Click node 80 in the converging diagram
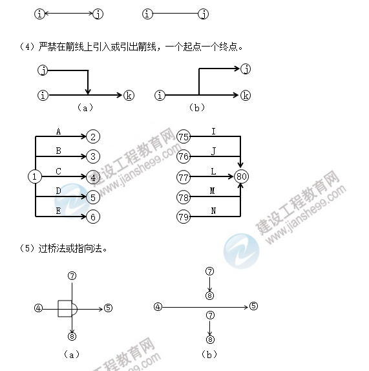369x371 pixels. [241, 176]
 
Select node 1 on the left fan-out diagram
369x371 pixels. [35, 176]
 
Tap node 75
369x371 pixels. [184, 136]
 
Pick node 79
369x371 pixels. [184, 217]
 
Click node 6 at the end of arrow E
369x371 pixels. [93, 217]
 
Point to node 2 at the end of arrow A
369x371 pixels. [93, 136]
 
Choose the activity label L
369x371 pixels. [213, 171]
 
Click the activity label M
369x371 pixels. [213, 191]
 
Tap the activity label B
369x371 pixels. [58, 151]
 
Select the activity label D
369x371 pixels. [58, 191]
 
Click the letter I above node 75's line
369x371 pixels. [214, 131]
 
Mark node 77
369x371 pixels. [184, 177]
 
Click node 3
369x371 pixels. [93, 156]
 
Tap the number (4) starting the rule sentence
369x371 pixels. [28, 47]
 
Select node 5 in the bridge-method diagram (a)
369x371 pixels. [108, 308]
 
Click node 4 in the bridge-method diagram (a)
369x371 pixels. [38, 308]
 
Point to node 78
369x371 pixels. [184, 197]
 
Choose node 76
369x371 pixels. [184, 156]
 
